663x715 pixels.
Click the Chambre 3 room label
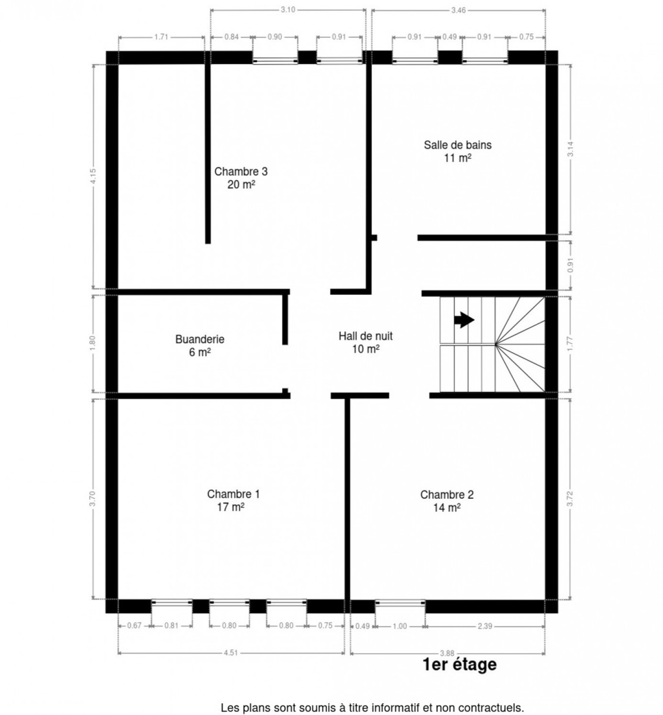tap(241, 172)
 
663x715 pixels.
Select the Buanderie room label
tap(200, 339)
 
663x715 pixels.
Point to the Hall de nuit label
tap(365, 336)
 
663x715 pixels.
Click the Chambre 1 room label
tap(233, 494)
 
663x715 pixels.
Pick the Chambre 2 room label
tap(447, 495)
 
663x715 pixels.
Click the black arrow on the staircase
tap(464, 320)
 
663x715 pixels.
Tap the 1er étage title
tap(459, 664)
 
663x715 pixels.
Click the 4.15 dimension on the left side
tap(94, 177)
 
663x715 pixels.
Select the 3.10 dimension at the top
tap(288, 10)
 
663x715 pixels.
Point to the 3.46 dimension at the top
tap(458, 10)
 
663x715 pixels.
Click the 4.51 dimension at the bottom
tap(231, 653)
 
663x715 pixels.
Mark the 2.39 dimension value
tap(484, 626)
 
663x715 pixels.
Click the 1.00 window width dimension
tap(400, 626)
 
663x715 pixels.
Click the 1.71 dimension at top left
tap(161, 37)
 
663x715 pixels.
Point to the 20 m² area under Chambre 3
tap(241, 185)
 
